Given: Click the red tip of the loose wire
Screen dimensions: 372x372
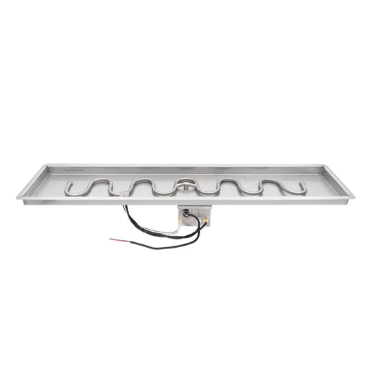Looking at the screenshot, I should point(112,240).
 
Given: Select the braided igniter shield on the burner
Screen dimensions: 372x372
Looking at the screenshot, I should point(126,193).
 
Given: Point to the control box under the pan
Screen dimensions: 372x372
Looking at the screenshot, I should point(194,217).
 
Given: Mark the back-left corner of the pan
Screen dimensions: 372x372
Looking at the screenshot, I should point(47,166).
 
